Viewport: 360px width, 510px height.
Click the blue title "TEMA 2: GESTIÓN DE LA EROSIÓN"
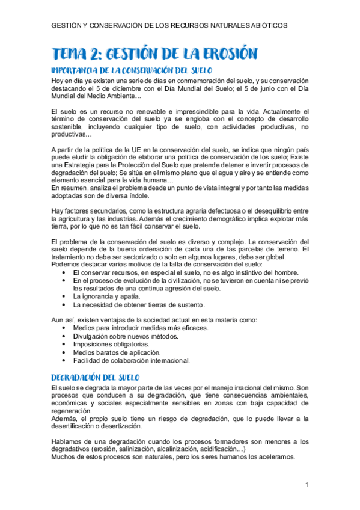(x=154, y=54)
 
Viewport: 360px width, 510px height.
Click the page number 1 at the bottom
(x=306, y=485)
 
